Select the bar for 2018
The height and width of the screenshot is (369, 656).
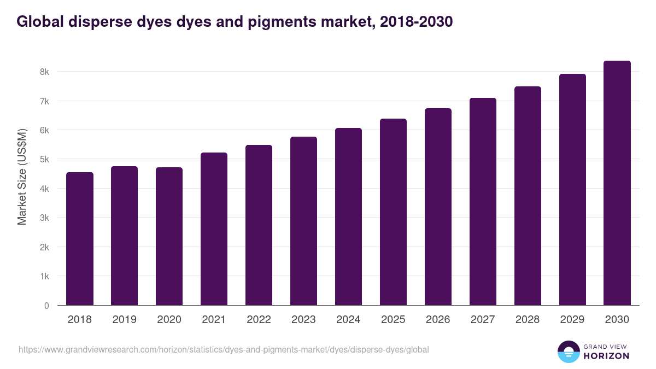click(80, 239)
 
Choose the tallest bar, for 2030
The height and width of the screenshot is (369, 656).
click(617, 183)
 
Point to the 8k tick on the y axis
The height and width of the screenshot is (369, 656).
click(44, 72)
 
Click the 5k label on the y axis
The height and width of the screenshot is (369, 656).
click(44, 160)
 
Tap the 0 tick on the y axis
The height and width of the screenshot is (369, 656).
click(46, 306)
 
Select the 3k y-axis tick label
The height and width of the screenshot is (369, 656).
click(44, 218)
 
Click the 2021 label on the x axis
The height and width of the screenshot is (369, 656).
click(214, 320)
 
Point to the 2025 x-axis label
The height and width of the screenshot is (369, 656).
click(393, 320)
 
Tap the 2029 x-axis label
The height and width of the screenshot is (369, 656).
click(572, 320)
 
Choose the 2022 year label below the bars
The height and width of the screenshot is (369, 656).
click(259, 320)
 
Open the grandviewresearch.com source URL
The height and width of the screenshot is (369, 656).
click(224, 349)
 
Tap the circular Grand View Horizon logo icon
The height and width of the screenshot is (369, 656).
click(568, 352)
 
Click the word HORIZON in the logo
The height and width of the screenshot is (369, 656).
click(606, 355)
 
